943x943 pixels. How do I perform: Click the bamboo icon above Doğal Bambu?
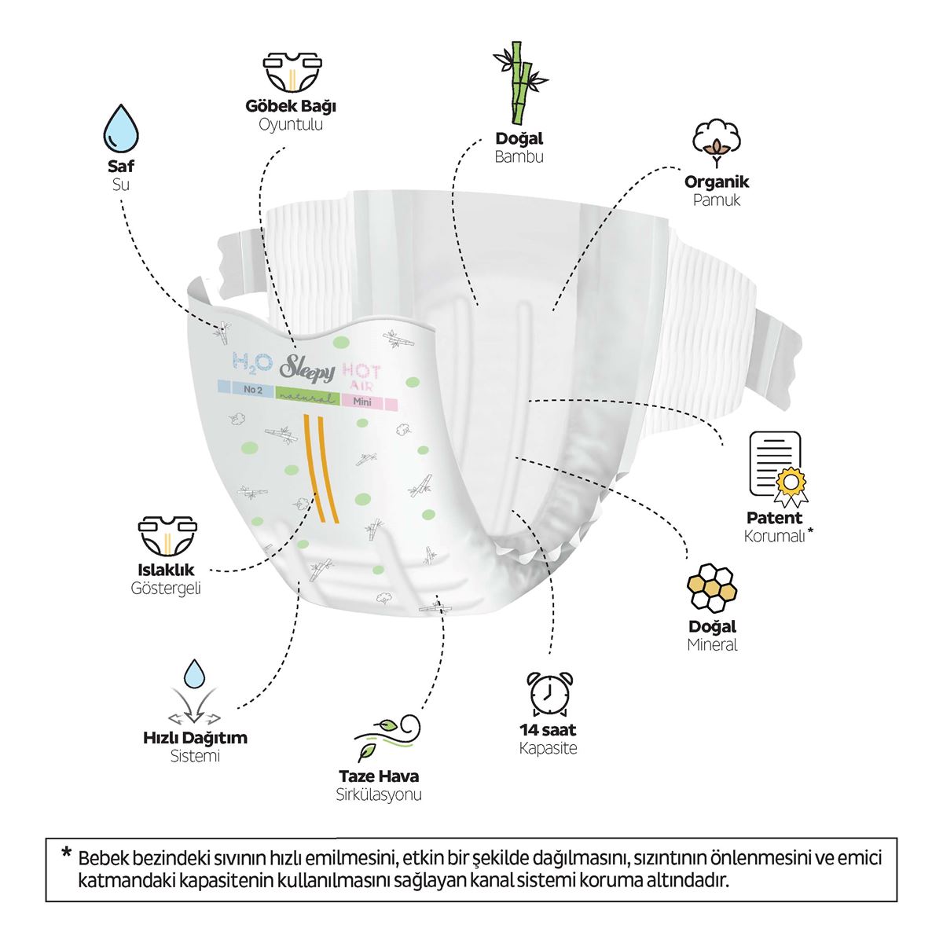point(519,83)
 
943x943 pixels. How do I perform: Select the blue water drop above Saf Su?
point(121,129)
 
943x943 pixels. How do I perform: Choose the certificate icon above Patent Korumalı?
point(778,467)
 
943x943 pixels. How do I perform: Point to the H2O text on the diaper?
point(252,362)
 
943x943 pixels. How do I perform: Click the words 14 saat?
point(548,730)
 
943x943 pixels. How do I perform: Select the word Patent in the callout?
point(774,518)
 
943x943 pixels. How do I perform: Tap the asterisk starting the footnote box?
point(66,852)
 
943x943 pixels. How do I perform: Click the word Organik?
point(717,182)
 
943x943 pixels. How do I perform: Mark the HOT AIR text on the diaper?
point(361,376)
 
